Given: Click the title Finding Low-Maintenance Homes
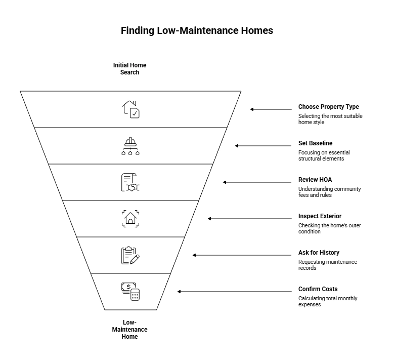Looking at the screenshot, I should point(197,31).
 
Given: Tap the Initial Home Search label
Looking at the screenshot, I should point(129,69).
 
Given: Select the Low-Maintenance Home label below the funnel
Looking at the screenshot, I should point(130,329).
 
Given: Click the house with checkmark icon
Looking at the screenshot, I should point(130,109).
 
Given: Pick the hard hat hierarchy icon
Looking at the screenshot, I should point(130,146).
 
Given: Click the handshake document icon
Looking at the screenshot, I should point(130,182).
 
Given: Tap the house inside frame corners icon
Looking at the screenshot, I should point(130,219).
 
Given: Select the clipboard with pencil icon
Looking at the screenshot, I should point(130,255).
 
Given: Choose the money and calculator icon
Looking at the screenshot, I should point(130,292).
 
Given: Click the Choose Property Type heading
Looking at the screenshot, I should point(328,107).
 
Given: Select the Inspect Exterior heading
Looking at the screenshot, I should point(320,216).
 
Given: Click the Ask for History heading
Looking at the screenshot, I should point(319,253).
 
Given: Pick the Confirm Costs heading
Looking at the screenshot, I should point(318,289).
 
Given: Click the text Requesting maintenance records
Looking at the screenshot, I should point(327,265).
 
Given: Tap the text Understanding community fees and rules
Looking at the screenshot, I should point(329,192).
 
